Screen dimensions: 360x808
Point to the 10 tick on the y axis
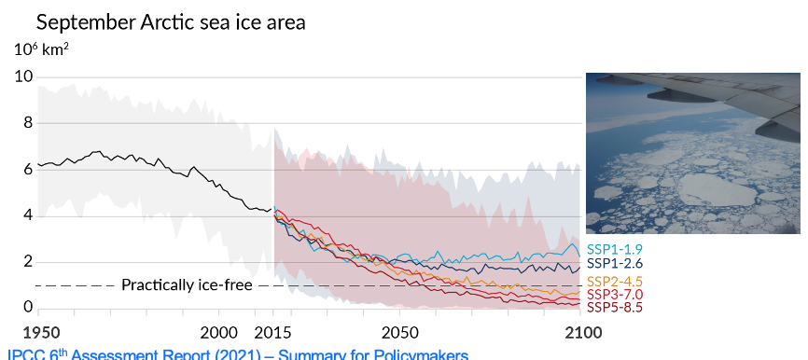coord(23,76)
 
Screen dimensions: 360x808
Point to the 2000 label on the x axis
coord(219,332)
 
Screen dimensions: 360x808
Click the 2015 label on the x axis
coord(273,332)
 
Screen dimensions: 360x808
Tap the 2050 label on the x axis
coord(400,332)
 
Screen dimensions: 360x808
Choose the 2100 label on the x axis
coord(580,332)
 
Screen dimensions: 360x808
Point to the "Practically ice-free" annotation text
coord(187,284)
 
